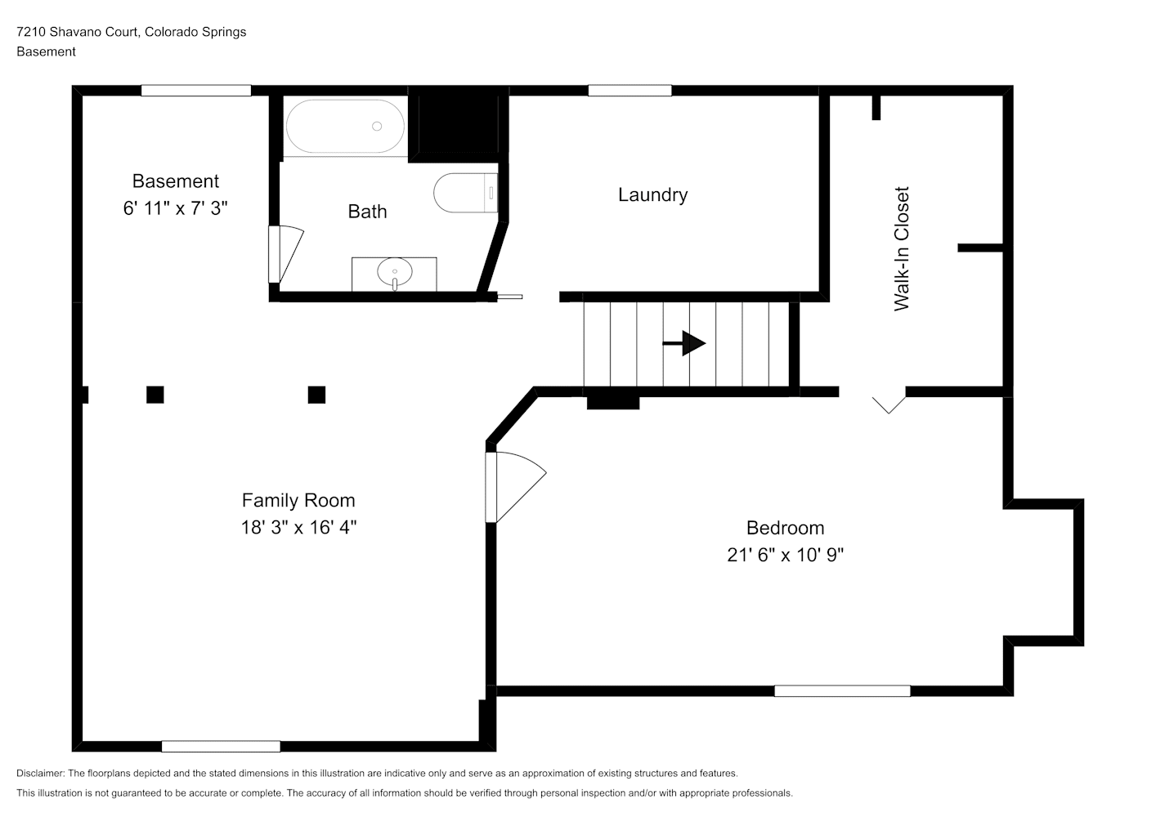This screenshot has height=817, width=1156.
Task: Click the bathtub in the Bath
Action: pyautogui.click(x=345, y=127)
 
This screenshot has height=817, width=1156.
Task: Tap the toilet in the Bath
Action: pyautogui.click(x=465, y=193)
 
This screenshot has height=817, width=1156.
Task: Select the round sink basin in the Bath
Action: pyautogui.click(x=395, y=271)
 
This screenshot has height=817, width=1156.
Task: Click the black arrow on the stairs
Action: pyautogui.click(x=683, y=343)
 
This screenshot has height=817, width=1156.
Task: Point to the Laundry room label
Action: pyautogui.click(x=653, y=195)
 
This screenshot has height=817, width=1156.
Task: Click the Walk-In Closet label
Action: pyautogui.click(x=902, y=248)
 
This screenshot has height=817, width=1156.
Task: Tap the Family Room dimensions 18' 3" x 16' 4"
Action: pyautogui.click(x=298, y=527)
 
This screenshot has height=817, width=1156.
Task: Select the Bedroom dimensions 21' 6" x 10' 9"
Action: pyautogui.click(x=785, y=555)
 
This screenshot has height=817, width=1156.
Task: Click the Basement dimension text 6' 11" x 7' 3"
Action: pyautogui.click(x=176, y=208)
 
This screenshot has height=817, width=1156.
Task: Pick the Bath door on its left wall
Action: pyautogui.click(x=285, y=254)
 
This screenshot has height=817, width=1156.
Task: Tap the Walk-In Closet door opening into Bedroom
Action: pyautogui.click(x=889, y=404)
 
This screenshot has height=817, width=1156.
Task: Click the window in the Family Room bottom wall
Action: pyautogui.click(x=221, y=746)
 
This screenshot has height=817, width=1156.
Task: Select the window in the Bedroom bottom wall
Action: pyautogui.click(x=842, y=690)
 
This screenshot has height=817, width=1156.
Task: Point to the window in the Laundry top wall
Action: pyautogui.click(x=630, y=90)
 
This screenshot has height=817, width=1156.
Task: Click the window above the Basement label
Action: pyautogui.click(x=196, y=90)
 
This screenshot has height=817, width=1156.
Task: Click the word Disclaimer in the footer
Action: pyautogui.click(x=40, y=773)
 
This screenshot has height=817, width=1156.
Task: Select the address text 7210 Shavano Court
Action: pyautogui.click(x=77, y=32)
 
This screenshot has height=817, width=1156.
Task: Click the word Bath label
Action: pyautogui.click(x=367, y=212)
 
